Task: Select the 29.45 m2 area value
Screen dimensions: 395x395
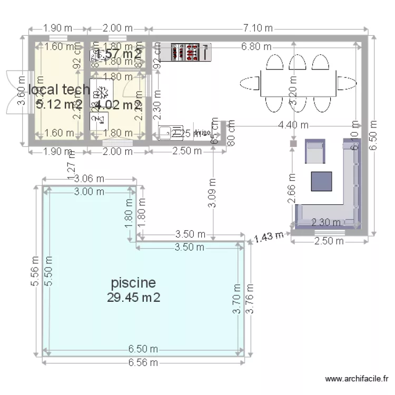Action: (x=133, y=298)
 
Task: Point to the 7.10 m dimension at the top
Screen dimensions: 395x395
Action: (x=258, y=28)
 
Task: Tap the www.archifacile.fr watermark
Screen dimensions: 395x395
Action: (x=357, y=378)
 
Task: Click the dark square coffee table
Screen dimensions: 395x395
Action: (x=321, y=181)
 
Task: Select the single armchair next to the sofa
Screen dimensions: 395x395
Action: (x=315, y=152)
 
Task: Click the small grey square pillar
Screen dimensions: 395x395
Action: (x=293, y=143)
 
